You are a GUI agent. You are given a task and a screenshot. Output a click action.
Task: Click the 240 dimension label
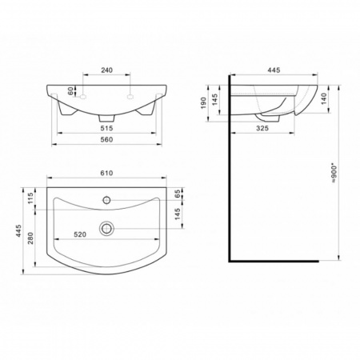(106, 70)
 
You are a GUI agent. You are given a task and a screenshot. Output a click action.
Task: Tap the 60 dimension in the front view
(70, 91)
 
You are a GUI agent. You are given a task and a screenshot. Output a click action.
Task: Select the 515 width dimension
(106, 128)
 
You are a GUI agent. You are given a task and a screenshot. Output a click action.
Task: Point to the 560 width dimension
(106, 140)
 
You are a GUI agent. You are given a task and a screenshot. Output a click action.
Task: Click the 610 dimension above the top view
(106, 173)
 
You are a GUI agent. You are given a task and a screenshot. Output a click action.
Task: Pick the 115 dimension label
(30, 198)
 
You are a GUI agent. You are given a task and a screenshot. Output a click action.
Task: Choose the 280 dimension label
(30, 238)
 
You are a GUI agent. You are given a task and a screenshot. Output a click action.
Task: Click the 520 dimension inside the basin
(80, 234)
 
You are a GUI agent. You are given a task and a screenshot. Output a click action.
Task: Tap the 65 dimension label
(178, 194)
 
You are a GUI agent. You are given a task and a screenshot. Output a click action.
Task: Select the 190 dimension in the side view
(203, 103)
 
